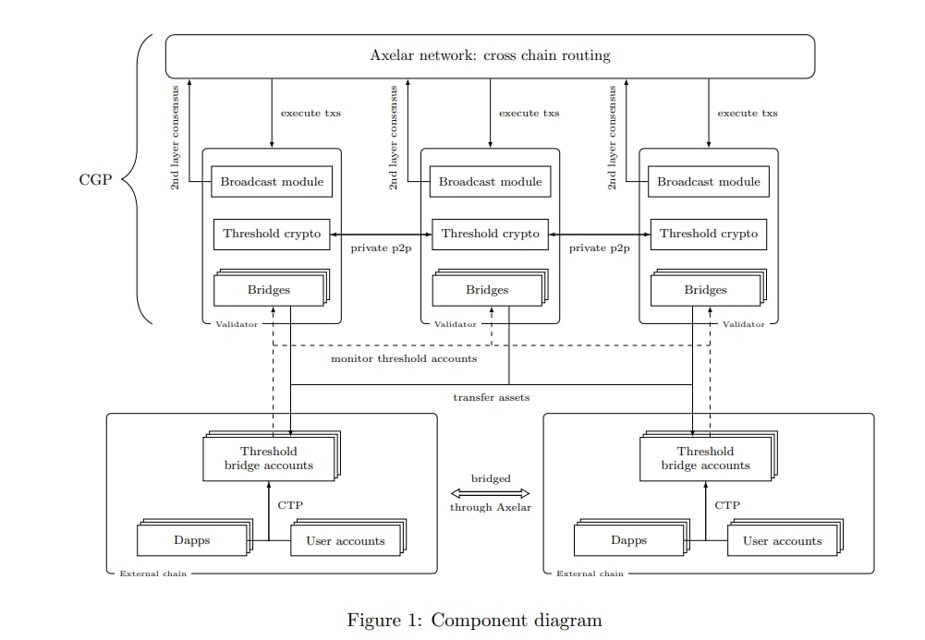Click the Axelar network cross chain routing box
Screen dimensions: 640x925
[x=490, y=55]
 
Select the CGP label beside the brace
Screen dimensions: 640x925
[x=94, y=180]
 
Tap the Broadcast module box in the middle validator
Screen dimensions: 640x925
[x=490, y=182]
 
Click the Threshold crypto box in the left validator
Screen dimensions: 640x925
[x=272, y=234]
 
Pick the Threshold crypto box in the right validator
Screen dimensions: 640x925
[x=709, y=234]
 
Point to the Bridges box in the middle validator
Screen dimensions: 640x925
[x=487, y=290]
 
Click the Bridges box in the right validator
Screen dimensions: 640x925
[x=705, y=290]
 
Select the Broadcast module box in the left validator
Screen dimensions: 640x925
[x=272, y=182]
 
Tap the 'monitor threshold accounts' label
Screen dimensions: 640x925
[x=404, y=358]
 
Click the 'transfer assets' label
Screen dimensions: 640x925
[x=491, y=397]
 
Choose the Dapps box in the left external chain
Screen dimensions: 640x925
[x=192, y=541]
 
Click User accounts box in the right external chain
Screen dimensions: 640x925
[x=782, y=541]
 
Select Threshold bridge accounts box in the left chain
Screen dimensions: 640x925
[x=269, y=458]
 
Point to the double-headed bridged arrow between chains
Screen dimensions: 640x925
[x=490, y=493]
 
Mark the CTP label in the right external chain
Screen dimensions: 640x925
[x=727, y=505]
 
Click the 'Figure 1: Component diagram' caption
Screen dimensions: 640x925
[x=474, y=620]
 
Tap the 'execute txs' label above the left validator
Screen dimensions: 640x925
[x=310, y=114]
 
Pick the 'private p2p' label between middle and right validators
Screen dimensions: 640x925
[x=599, y=248]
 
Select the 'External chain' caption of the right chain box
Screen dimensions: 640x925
[x=590, y=574]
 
